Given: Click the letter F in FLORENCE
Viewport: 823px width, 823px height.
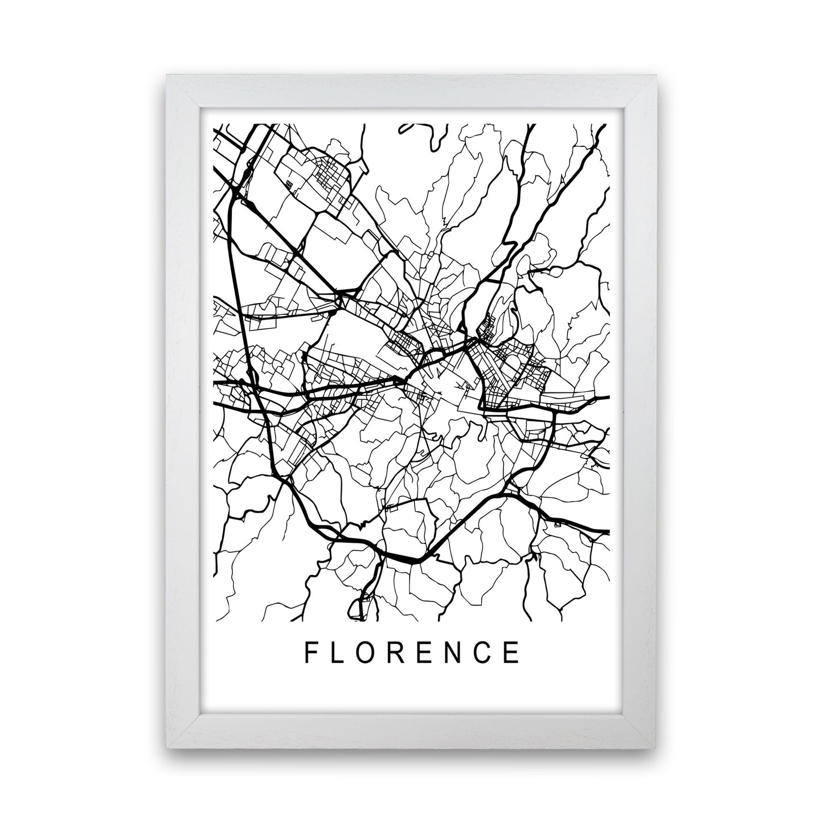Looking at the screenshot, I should pos(311,653).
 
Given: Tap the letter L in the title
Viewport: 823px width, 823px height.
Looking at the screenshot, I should pos(338,653).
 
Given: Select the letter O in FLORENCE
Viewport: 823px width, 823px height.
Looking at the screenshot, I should pos(368,653).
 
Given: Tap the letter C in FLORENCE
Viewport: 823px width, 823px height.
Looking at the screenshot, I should pos(485,653).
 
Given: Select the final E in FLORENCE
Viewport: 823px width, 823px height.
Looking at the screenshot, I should pos(513,653).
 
